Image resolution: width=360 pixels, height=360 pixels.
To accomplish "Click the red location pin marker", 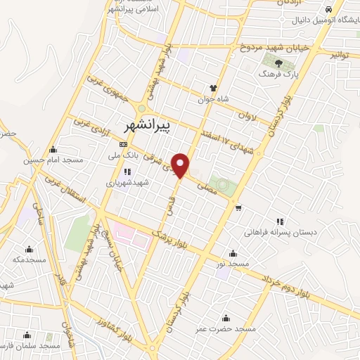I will [182, 165].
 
